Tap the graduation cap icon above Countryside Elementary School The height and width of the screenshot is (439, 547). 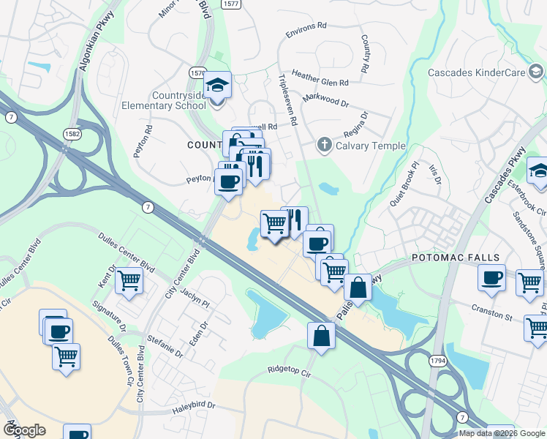point(217,86)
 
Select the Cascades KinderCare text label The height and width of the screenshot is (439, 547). point(476,72)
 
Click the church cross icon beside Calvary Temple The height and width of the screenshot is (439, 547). point(325,145)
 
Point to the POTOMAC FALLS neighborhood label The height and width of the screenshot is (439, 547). point(455,258)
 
